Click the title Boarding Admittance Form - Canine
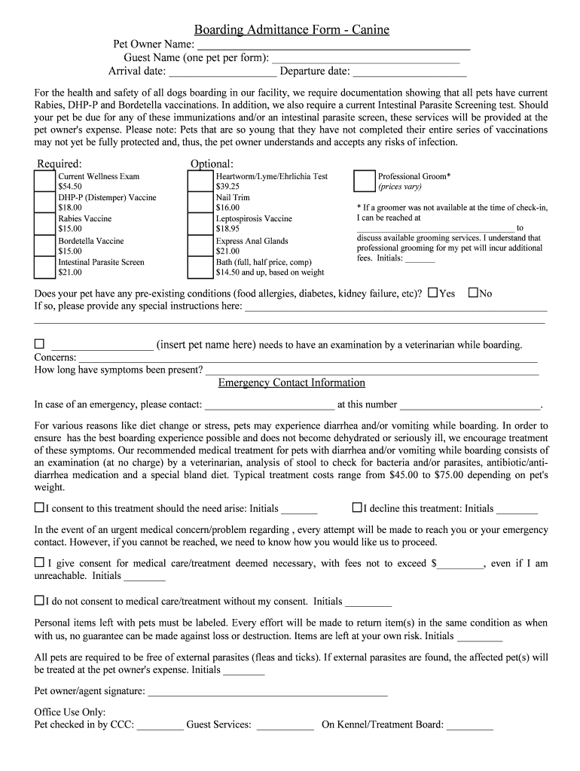tap(292, 30)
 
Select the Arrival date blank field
tap(222, 72)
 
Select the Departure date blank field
tap(409, 72)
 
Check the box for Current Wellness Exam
tap(44, 181)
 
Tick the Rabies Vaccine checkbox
tap(44, 224)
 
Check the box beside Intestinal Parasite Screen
tap(44, 267)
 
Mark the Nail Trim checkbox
tap(200, 203)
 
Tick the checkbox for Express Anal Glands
tap(200, 246)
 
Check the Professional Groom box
tap(364, 181)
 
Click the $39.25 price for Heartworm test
tap(227, 186)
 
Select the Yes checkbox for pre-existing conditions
tap(432, 293)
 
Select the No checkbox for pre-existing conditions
tap(473, 293)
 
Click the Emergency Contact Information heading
tap(292, 383)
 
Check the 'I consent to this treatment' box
tap(39, 508)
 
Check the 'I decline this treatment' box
tap(357, 508)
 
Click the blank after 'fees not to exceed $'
tap(461, 564)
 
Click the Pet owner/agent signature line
tap(267, 691)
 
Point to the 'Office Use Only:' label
tap(70, 712)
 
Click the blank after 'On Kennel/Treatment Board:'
tap(470, 726)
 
